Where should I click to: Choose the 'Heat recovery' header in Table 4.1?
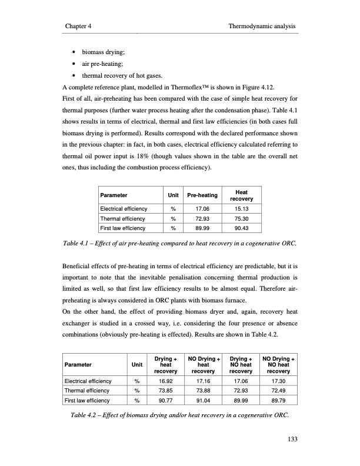coord(241,195)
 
